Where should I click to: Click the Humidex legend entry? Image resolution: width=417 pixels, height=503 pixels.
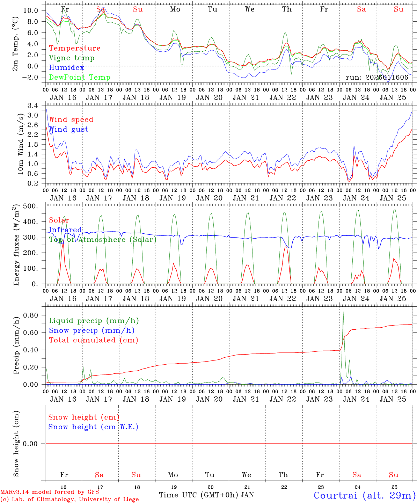click(x=66, y=68)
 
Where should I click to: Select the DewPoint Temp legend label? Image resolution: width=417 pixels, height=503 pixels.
click(x=80, y=78)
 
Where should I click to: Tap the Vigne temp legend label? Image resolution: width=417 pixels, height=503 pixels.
click(x=72, y=58)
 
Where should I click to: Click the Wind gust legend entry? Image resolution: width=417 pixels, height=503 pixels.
click(x=68, y=129)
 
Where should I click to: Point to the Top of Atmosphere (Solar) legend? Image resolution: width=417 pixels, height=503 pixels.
click(x=103, y=240)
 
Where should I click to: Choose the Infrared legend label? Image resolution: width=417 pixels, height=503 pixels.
click(x=65, y=230)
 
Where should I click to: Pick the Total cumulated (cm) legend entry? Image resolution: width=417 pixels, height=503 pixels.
click(x=93, y=340)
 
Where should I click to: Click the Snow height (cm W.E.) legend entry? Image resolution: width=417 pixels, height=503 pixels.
click(x=93, y=427)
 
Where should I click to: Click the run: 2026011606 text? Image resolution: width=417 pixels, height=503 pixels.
click(x=377, y=78)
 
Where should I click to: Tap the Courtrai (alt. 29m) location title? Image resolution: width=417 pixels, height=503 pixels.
click(x=365, y=495)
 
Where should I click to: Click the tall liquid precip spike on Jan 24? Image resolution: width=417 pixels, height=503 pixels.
click(x=343, y=312)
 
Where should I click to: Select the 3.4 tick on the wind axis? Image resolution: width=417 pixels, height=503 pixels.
click(x=35, y=105)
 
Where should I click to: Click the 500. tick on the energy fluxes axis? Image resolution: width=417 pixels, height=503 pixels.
click(x=30, y=206)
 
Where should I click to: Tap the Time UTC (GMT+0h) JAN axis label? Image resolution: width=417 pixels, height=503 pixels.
click(x=206, y=495)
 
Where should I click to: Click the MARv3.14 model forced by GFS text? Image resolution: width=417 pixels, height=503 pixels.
click(x=50, y=492)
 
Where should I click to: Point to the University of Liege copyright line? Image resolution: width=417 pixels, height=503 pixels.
click(x=69, y=500)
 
